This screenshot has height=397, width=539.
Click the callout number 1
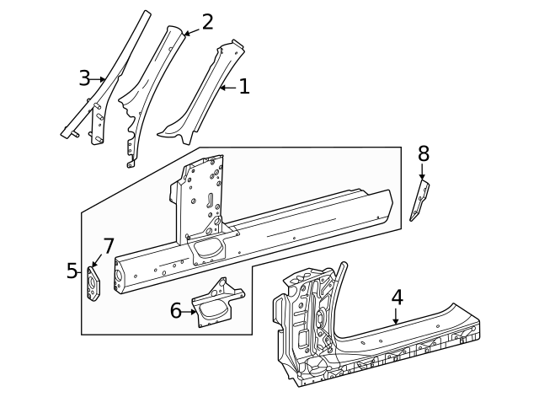click(x=243, y=86)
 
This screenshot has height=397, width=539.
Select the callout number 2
click(x=206, y=23)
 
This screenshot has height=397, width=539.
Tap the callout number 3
click(x=84, y=78)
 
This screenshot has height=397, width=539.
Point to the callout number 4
click(x=397, y=298)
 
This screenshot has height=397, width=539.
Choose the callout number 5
click(x=72, y=271)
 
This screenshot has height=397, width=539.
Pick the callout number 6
click(x=176, y=310)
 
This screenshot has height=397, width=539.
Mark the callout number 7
click(x=108, y=246)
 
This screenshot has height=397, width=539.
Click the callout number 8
click(x=423, y=153)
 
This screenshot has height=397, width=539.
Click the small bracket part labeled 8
click(x=419, y=202)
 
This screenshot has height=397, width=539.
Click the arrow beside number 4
click(x=396, y=317)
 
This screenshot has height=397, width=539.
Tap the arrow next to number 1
click(x=226, y=87)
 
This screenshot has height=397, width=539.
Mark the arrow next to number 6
click(x=192, y=311)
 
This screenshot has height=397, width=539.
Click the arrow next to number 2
click(x=190, y=32)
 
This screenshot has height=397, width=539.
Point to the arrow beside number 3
click(x=99, y=79)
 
